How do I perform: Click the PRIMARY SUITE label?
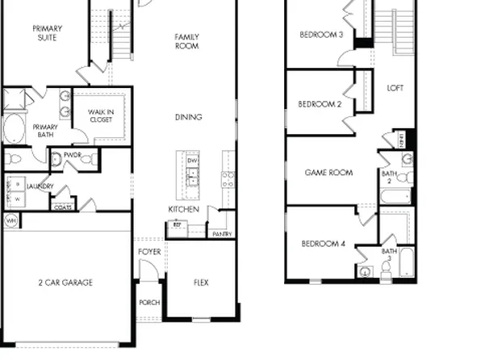click(47, 33)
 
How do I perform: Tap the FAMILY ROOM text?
click(187, 41)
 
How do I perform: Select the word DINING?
click(188, 118)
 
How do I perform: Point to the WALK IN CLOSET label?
click(100, 115)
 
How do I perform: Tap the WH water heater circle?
click(11, 220)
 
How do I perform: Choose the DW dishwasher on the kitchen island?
click(192, 161)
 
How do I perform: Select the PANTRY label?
click(221, 234)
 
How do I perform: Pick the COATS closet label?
click(61, 206)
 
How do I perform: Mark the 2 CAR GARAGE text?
click(65, 283)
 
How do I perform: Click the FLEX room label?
click(201, 283)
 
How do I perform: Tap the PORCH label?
click(149, 303)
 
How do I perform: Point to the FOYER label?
click(149, 252)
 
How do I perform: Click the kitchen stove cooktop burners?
click(228, 179)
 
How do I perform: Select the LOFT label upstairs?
click(395, 88)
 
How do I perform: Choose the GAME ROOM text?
click(328, 173)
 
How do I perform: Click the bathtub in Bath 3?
click(406, 264)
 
